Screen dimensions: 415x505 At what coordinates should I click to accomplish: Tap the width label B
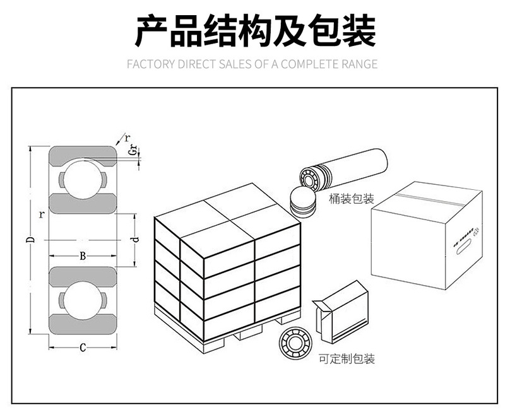pos(83,256)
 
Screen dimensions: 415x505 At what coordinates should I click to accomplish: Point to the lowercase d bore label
pos(134,240)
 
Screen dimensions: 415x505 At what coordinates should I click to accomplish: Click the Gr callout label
pos(132,150)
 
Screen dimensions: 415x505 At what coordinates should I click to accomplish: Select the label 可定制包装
pos(347,359)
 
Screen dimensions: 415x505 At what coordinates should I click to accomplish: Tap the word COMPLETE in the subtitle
pos(309,64)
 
